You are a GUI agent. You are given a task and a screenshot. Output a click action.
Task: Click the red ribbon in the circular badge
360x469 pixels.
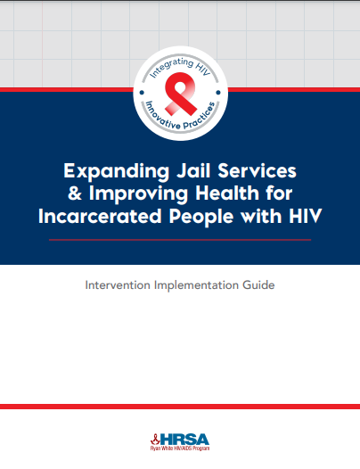coord(180,94)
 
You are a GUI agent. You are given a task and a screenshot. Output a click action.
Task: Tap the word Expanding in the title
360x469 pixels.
coord(116,171)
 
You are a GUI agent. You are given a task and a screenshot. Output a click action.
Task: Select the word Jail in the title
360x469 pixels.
coord(192,170)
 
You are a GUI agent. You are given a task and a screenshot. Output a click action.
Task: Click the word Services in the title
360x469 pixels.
coord(257,170)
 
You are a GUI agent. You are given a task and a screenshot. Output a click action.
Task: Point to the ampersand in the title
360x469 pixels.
coord(75,193)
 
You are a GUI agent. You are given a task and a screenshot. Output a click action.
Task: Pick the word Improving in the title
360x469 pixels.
coord(138,194)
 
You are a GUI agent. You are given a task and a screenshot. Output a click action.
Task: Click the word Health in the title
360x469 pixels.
coord(227,193)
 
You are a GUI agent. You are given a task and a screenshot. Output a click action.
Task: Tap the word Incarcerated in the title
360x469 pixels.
coord(100,216)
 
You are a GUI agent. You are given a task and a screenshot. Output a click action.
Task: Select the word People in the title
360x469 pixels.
coord(201,217)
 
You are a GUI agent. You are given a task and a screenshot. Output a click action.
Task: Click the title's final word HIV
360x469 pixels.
coord(305,216)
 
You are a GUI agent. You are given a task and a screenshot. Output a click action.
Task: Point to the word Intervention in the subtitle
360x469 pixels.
coord(118,284)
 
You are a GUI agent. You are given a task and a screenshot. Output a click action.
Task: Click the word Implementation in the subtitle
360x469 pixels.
coord(196,285)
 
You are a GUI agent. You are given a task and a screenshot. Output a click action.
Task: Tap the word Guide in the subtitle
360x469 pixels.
coord(258,284)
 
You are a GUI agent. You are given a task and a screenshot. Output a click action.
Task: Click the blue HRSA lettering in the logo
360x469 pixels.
coord(184,439)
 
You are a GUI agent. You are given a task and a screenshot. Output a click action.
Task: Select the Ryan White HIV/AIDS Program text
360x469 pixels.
coord(180,448)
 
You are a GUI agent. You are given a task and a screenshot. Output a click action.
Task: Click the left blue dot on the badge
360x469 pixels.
coord(142,93)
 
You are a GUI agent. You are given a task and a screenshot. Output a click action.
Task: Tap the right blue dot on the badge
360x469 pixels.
coord(218,93)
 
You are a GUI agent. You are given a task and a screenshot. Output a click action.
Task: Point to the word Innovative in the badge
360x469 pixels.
coord(162,117)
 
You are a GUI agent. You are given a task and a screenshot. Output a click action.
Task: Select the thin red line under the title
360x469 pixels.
coord(180,240)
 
